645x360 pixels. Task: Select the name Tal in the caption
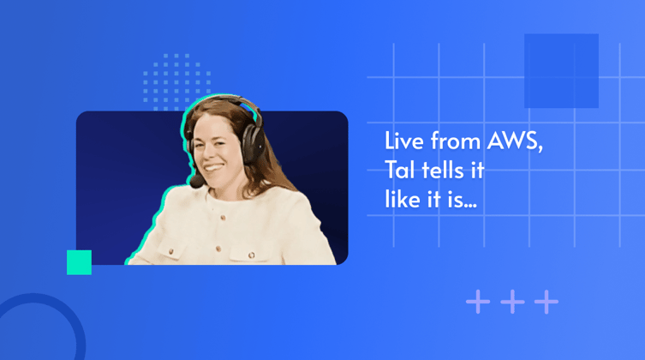[x=397, y=171]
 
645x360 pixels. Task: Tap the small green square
[x=79, y=262]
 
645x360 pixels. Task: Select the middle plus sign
[x=511, y=302]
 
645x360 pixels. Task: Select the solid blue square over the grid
[x=561, y=70]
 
